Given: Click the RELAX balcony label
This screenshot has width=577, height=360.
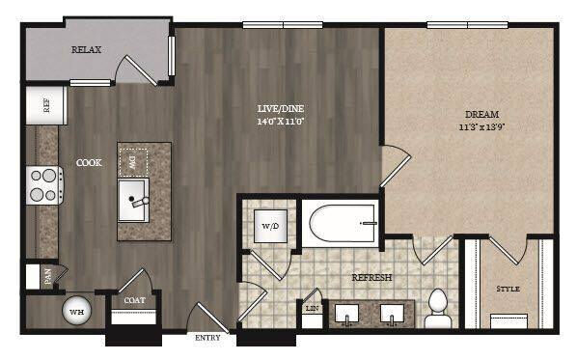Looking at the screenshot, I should pos(86,49).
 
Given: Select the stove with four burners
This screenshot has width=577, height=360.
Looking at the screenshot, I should pos(44,183).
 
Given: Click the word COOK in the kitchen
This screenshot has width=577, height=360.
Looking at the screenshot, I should pos(90,163).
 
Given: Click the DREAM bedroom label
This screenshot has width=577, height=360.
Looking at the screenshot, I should pos(475,112).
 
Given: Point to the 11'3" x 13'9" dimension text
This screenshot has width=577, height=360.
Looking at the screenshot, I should pos(476,125).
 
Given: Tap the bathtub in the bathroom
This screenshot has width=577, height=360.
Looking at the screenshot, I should pos(340,224).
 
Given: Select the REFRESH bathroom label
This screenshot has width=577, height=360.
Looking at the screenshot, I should pos(371,278).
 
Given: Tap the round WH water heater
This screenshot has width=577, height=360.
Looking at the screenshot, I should pos(75,311).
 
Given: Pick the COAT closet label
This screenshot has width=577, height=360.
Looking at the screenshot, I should pos(134,300).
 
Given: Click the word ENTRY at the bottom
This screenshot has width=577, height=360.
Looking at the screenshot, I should pos(207,338).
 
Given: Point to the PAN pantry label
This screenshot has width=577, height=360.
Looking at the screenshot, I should pos(46,276).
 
